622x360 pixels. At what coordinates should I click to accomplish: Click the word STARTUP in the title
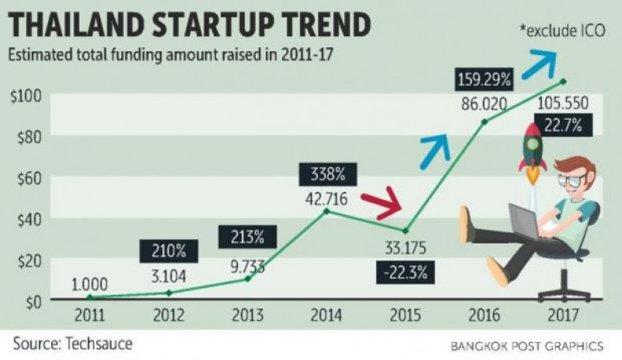[x=226, y=25]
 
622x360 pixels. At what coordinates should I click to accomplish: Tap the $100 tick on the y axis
[x=25, y=96]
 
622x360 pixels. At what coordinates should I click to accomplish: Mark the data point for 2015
[x=405, y=231]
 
